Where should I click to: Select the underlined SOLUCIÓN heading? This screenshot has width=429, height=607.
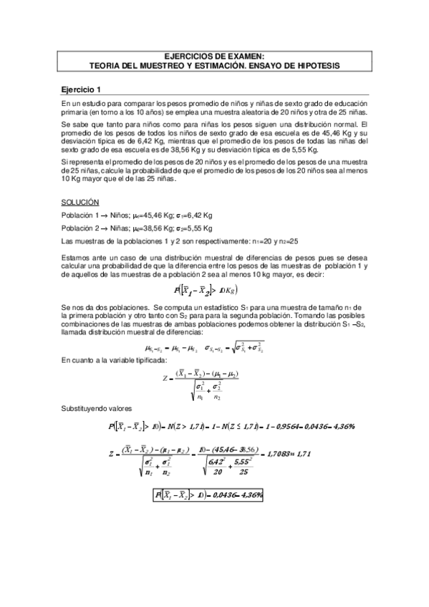tap(80, 203)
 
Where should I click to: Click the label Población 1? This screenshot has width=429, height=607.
tap(81, 216)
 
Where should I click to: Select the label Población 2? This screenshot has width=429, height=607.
tap(81, 228)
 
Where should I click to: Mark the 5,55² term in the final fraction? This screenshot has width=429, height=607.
tap(305, 462)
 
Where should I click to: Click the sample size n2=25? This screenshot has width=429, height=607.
tap(288, 241)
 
